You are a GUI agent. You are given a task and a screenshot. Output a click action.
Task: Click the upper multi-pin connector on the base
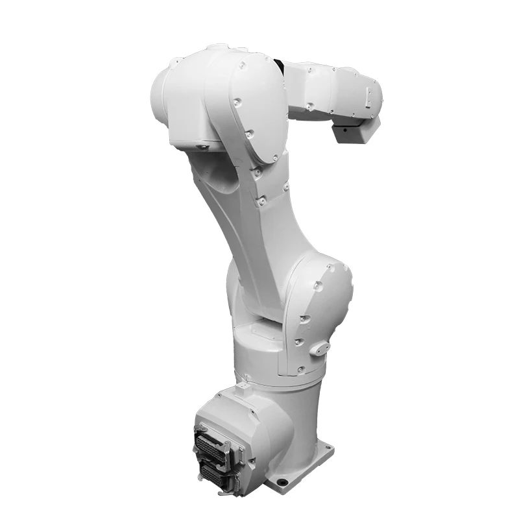(x=213, y=448)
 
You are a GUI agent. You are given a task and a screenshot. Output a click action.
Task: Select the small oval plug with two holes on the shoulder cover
(x=319, y=348)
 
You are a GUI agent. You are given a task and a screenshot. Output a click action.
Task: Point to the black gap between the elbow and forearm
(x=280, y=65)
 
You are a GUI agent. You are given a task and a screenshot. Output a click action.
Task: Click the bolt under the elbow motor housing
(x=201, y=147)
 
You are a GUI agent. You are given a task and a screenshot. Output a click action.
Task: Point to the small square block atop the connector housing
(x=242, y=389)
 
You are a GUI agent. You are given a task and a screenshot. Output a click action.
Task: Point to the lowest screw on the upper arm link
(x=261, y=202)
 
